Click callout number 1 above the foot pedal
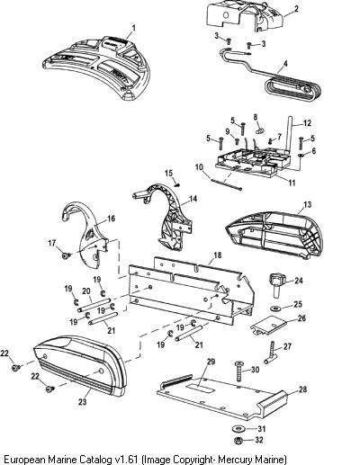point(134,29)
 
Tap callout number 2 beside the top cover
point(296,8)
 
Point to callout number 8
point(256,117)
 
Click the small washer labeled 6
point(301,156)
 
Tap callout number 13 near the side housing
point(308,204)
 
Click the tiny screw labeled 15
point(177,184)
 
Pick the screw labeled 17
point(67,255)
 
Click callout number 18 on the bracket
point(217,255)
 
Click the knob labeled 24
point(276,284)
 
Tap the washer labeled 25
point(274,308)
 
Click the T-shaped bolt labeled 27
point(271,353)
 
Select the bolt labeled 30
point(238,371)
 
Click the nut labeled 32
point(238,441)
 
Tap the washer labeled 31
point(238,428)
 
